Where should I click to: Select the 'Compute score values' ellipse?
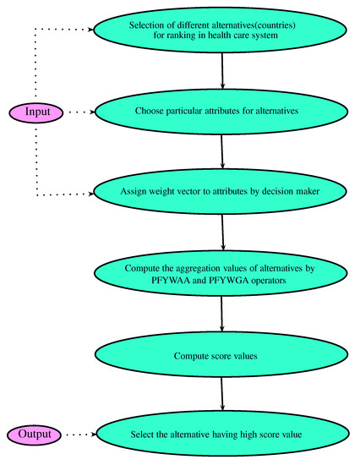pos(221,356)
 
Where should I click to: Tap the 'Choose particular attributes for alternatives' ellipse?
pos(221,110)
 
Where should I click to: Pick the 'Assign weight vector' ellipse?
pos(221,193)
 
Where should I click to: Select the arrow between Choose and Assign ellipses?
pos(221,151)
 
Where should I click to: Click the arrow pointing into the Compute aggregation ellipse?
pos(221,234)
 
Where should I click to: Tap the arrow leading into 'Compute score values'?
pos(221,316)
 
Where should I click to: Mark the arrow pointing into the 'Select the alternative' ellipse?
pos(221,395)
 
